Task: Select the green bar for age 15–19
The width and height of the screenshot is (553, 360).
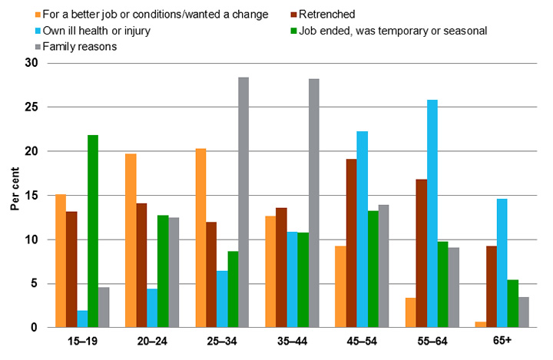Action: [114, 231]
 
